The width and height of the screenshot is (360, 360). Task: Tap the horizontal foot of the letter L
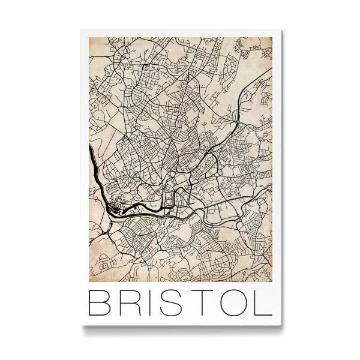265,316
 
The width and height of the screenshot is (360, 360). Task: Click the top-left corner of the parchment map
89,38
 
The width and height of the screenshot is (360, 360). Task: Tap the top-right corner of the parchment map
272,38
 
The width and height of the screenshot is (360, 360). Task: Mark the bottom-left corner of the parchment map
89,281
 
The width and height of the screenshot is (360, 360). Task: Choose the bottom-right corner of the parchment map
272,281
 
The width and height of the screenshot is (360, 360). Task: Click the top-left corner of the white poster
80,30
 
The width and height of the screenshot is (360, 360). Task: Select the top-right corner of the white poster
281,30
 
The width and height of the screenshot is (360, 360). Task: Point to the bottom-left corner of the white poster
80,326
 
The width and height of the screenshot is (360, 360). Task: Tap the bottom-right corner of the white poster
281,326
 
